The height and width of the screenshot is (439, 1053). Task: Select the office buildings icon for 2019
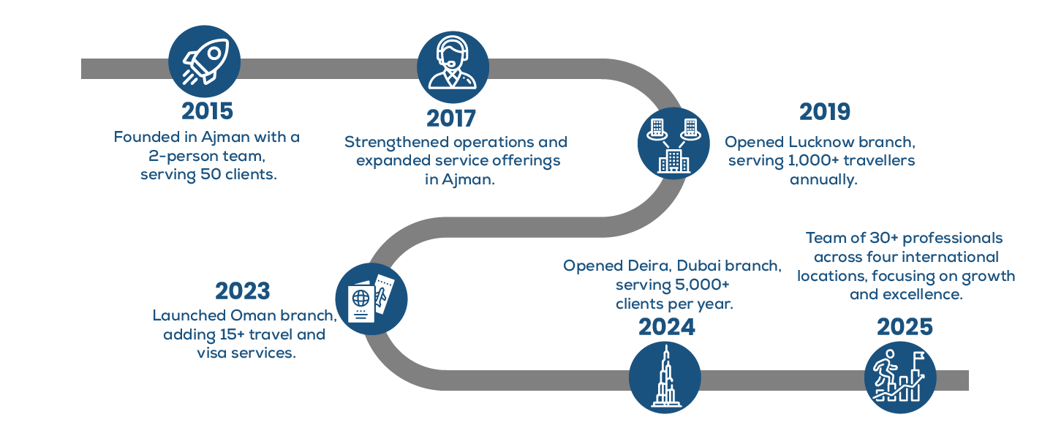coord(673,143)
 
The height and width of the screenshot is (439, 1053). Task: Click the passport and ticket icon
coord(371,299)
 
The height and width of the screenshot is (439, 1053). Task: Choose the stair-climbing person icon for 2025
coord(899,377)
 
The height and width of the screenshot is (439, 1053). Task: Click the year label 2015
coord(207,111)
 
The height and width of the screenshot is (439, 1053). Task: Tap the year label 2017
coord(451,118)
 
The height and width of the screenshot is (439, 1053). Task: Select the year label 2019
coord(824,111)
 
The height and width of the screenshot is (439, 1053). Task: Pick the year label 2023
coord(242,291)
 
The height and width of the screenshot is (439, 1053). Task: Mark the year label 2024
coord(667,327)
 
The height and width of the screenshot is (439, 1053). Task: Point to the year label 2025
coord(905,327)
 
